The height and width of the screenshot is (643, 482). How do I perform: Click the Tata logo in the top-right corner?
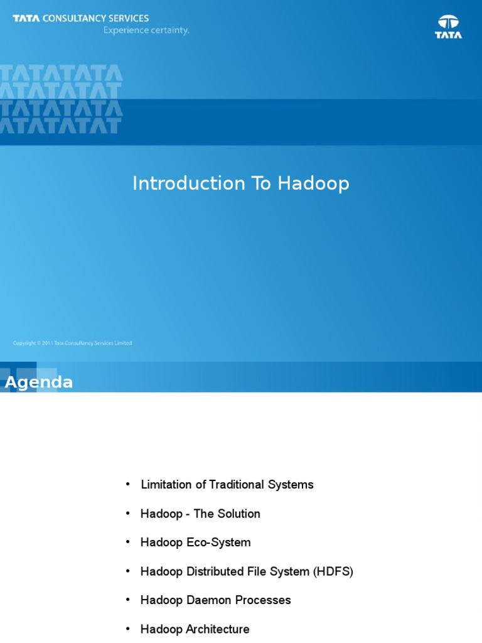tap(448, 27)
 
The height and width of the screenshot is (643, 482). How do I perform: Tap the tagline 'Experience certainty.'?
tap(146, 30)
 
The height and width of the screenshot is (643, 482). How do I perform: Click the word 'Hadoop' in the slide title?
tap(313, 183)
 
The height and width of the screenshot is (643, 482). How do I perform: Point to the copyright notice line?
tap(72, 343)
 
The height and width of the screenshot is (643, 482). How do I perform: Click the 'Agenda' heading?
tap(39, 382)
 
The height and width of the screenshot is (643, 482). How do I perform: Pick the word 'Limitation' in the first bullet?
tap(166, 485)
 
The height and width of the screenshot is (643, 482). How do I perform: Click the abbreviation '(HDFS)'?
tap(333, 571)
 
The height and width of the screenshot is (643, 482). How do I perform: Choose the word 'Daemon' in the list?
tap(206, 600)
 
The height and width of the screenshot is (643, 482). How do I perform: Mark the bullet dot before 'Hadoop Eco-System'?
tap(128, 542)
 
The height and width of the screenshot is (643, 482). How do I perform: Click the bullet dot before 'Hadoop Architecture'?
tap(128, 629)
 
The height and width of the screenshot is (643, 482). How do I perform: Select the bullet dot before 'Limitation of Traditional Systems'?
tap(128, 484)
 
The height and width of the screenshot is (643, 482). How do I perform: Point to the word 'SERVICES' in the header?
tap(131, 19)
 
